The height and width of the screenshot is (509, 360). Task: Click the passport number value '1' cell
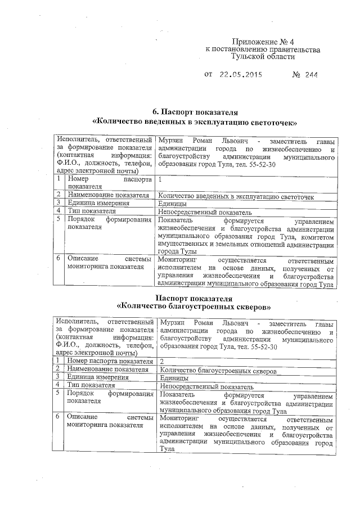pos(161,179)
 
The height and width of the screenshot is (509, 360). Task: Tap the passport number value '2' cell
pos(162,361)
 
